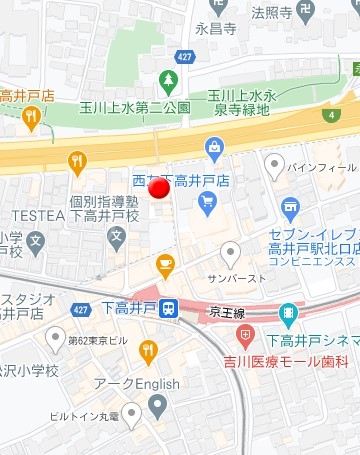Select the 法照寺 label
[271, 13]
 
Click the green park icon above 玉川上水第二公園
[168, 81]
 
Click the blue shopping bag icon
[214, 150]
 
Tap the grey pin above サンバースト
[231, 253]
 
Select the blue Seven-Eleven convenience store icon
[291, 209]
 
